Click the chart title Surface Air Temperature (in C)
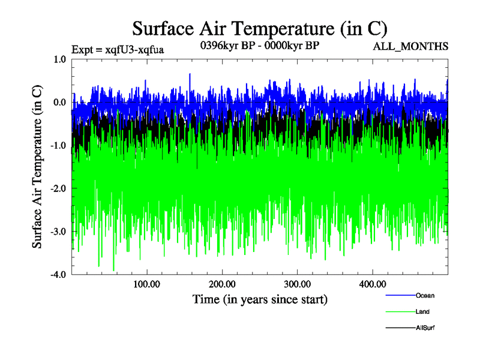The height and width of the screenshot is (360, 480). [x=259, y=28]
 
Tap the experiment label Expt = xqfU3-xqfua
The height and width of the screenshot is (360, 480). [x=118, y=49]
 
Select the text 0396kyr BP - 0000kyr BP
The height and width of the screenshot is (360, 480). [x=259, y=44]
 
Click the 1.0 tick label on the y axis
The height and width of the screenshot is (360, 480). [x=59, y=59]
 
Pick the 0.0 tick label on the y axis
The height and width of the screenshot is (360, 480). [x=59, y=103]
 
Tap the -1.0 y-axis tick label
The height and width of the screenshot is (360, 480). [x=58, y=146]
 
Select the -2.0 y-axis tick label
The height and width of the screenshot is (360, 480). [x=58, y=189]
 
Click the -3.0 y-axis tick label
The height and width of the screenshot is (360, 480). [x=58, y=232]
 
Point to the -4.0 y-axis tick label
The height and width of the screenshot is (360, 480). [x=58, y=275]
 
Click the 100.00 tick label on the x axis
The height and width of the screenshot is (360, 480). [x=146, y=284]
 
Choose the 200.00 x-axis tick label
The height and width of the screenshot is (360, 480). [x=221, y=284]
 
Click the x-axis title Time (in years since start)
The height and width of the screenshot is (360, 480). [x=260, y=299]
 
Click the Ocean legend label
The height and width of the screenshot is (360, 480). [x=425, y=295]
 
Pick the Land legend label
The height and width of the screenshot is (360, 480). [x=422, y=311]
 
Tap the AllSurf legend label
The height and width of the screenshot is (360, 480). [x=425, y=328]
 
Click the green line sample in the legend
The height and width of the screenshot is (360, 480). [x=400, y=311]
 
